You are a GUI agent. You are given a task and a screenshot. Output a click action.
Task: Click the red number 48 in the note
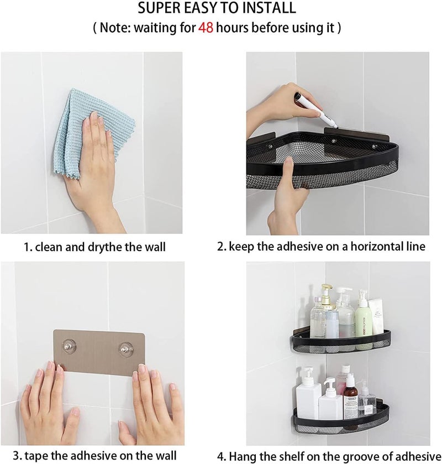coord(206,28)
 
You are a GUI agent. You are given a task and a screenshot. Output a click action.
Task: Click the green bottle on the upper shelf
coord(362,314)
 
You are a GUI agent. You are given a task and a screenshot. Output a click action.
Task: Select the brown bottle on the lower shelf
coord(351,397)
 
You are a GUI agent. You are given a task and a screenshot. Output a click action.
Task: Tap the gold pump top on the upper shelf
coord(328,289)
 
